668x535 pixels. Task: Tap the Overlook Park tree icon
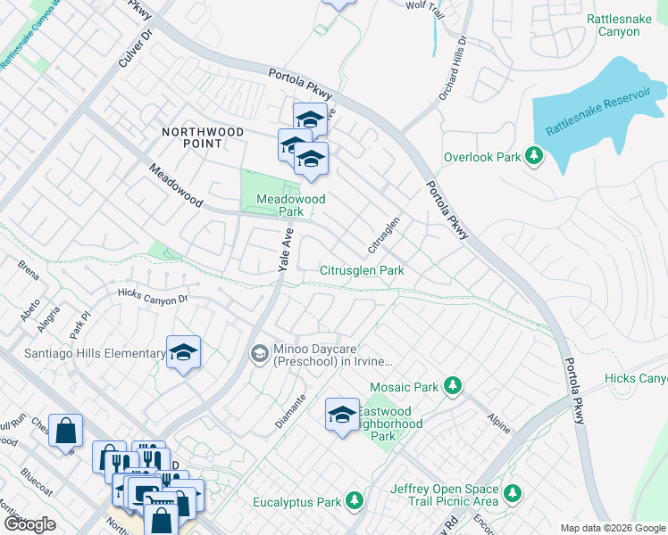[x=533, y=157]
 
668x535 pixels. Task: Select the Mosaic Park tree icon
[x=453, y=386]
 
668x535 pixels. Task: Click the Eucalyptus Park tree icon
[x=355, y=502]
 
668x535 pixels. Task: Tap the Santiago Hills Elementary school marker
[x=183, y=353]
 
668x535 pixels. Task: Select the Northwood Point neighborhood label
[x=203, y=137]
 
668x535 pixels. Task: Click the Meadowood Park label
[x=290, y=205]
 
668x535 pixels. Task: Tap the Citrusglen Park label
[x=362, y=270]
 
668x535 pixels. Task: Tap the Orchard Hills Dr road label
[x=452, y=68]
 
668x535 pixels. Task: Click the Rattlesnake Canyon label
[x=625, y=25]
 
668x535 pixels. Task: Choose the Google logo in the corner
[x=29, y=524]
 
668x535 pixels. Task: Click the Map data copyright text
[x=613, y=528]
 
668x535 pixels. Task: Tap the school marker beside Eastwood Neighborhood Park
[x=341, y=415]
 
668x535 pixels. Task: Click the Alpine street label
[x=498, y=423]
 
